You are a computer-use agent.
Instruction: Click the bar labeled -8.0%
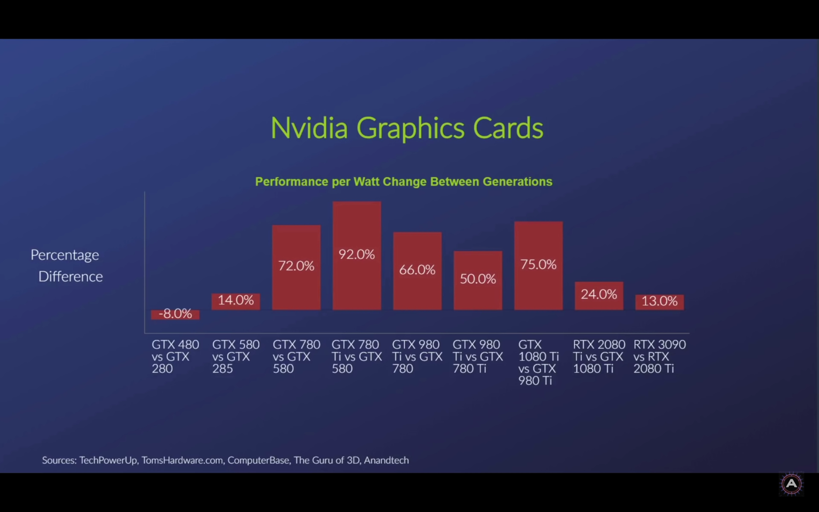point(175,314)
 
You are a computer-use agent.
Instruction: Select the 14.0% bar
point(235,301)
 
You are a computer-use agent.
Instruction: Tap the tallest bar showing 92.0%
point(357,255)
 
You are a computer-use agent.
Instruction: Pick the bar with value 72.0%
point(296,267)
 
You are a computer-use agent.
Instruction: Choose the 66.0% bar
point(417,271)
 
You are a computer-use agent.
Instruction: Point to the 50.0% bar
point(478,280)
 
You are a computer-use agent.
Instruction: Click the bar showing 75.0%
point(538,266)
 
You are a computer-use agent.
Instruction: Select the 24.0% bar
point(599,295)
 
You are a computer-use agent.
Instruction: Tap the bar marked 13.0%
point(659,302)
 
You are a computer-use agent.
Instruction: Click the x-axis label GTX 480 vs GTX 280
point(175,356)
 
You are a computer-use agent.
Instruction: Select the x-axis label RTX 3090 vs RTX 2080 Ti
point(659,356)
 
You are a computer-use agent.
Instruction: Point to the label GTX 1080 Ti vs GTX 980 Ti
point(538,362)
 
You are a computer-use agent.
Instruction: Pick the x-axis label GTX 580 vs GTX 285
point(235,356)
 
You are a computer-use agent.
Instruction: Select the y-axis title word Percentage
point(65,255)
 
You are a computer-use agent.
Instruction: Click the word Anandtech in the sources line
point(386,460)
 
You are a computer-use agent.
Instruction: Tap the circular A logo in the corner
point(791,484)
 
